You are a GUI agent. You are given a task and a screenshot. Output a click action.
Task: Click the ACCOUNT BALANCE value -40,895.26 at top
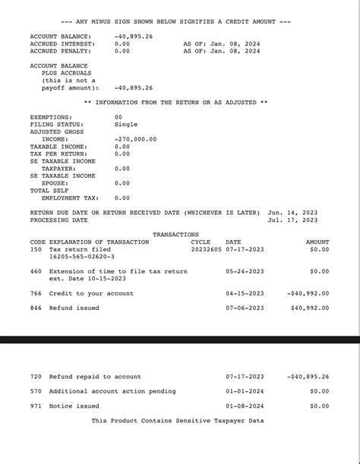tap(134, 36)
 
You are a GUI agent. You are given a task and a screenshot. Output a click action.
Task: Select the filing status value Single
tap(126, 124)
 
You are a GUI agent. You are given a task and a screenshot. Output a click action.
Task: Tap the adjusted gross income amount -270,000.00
tap(136, 139)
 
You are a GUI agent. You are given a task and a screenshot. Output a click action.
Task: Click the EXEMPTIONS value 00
tap(118, 117)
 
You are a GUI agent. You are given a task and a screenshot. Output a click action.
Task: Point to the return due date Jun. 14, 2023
tap(292, 213)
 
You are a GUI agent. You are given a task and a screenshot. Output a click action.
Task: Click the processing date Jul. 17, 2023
tap(292, 220)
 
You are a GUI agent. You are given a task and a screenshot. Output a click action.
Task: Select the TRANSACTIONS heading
tap(175, 235)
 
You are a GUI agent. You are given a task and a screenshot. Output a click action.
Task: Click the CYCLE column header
tap(201, 242)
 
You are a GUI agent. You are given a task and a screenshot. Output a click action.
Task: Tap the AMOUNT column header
tap(317, 242)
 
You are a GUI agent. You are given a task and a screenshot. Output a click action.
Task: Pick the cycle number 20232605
tap(206, 249)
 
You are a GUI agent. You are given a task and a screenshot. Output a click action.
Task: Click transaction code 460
tap(36, 271)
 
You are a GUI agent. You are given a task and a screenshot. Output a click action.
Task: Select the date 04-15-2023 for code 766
tap(245, 293)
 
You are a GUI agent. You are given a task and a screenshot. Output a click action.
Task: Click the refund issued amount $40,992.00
tap(310, 308)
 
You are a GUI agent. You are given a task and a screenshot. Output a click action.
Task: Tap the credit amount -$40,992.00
tap(308, 293)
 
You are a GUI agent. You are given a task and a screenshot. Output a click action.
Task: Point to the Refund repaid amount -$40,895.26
tap(308, 376)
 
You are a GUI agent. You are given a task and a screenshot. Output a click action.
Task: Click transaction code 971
tap(36, 406)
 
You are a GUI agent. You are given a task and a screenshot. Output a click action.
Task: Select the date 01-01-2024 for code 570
tap(245, 391)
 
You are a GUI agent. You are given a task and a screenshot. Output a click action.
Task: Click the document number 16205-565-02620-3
tap(81, 257)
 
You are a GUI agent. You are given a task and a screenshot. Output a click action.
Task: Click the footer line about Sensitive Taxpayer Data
tap(178, 420)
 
